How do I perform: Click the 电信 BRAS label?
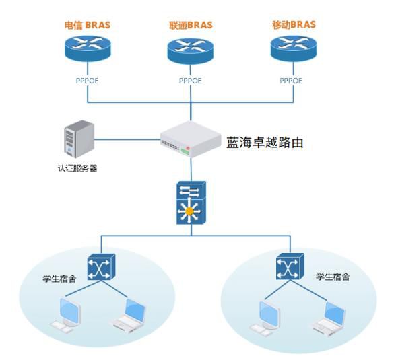coord(87,25)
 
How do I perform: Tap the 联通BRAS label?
coord(191,25)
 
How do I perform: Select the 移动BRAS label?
coord(294,25)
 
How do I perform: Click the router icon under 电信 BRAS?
coord(88,48)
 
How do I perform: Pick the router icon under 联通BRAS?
coord(191,50)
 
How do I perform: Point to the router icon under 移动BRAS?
coord(294,48)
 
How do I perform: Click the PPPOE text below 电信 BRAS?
coord(87,81)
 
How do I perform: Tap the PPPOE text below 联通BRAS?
coord(190,81)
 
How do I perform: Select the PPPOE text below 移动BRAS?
coord(291,81)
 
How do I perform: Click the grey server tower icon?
coord(79,139)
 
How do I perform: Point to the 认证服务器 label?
coord(77,168)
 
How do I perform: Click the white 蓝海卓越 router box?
coord(191,139)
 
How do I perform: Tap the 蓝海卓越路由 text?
coord(265,143)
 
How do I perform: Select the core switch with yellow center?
coord(191,203)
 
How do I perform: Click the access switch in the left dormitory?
coord(102,267)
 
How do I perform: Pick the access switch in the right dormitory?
coord(290,266)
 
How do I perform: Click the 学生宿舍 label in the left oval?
coord(59,279)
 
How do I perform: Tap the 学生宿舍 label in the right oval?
coord(333,277)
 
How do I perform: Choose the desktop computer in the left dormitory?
coord(66,316)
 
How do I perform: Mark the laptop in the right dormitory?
coord(329,317)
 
